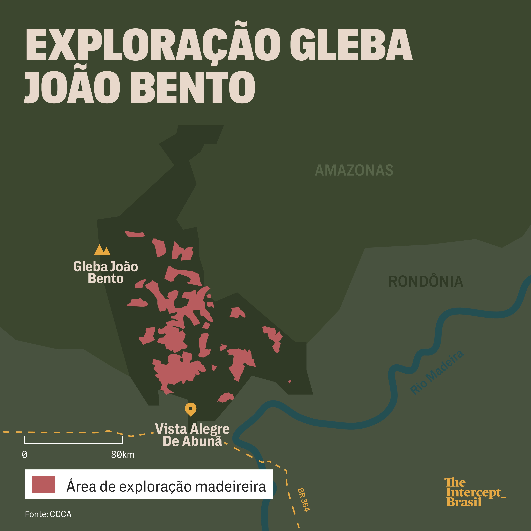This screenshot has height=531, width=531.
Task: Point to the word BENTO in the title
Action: pos(192,87)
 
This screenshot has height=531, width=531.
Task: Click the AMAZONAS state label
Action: pos(354,170)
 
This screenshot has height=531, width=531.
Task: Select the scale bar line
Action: pos(74,443)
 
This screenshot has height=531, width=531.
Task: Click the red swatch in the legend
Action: pos(43,484)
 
